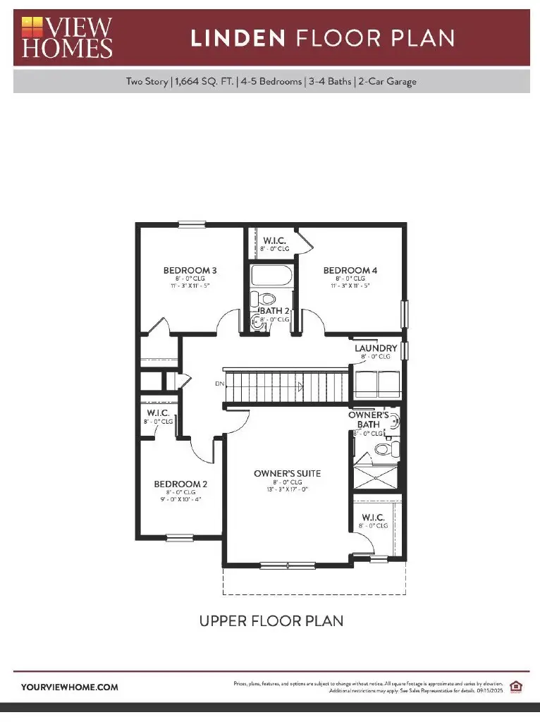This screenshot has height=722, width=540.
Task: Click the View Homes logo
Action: pos(67,37)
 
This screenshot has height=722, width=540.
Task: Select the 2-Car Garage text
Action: pos(388,81)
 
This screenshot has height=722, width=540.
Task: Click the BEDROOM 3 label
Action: pos(190,270)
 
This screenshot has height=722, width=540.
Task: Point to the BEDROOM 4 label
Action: pos(350,270)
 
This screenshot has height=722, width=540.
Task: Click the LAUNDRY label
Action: pos(376,348)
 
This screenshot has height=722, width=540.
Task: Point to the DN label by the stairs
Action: pos(220,384)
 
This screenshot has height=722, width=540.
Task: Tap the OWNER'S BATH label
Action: pos(364,420)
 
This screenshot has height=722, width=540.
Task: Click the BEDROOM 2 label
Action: pos(180,484)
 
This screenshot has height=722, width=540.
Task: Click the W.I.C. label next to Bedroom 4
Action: pos(269,240)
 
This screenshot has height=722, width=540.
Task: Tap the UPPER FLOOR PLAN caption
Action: pos(271,621)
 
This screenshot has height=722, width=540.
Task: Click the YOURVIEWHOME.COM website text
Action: pos(70,687)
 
